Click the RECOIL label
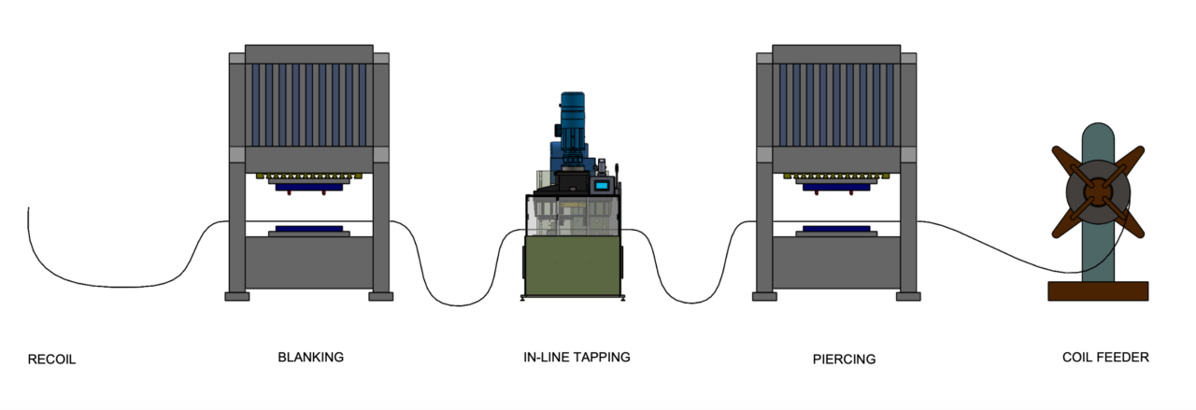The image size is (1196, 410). (51, 360)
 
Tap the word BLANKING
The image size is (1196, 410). (311, 357)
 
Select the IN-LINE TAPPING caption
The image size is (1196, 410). (577, 357)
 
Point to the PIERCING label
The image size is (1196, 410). (845, 359)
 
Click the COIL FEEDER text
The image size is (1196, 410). (1105, 358)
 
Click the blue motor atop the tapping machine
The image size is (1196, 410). (571, 109)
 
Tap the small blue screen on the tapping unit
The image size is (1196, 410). (601, 186)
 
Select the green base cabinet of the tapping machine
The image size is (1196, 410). (572, 265)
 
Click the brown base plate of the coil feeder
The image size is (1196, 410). (1098, 291)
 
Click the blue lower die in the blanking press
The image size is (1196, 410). (308, 227)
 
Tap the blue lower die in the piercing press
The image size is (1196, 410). (835, 227)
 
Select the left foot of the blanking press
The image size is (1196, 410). (237, 296)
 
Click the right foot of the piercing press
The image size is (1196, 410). (907, 296)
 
